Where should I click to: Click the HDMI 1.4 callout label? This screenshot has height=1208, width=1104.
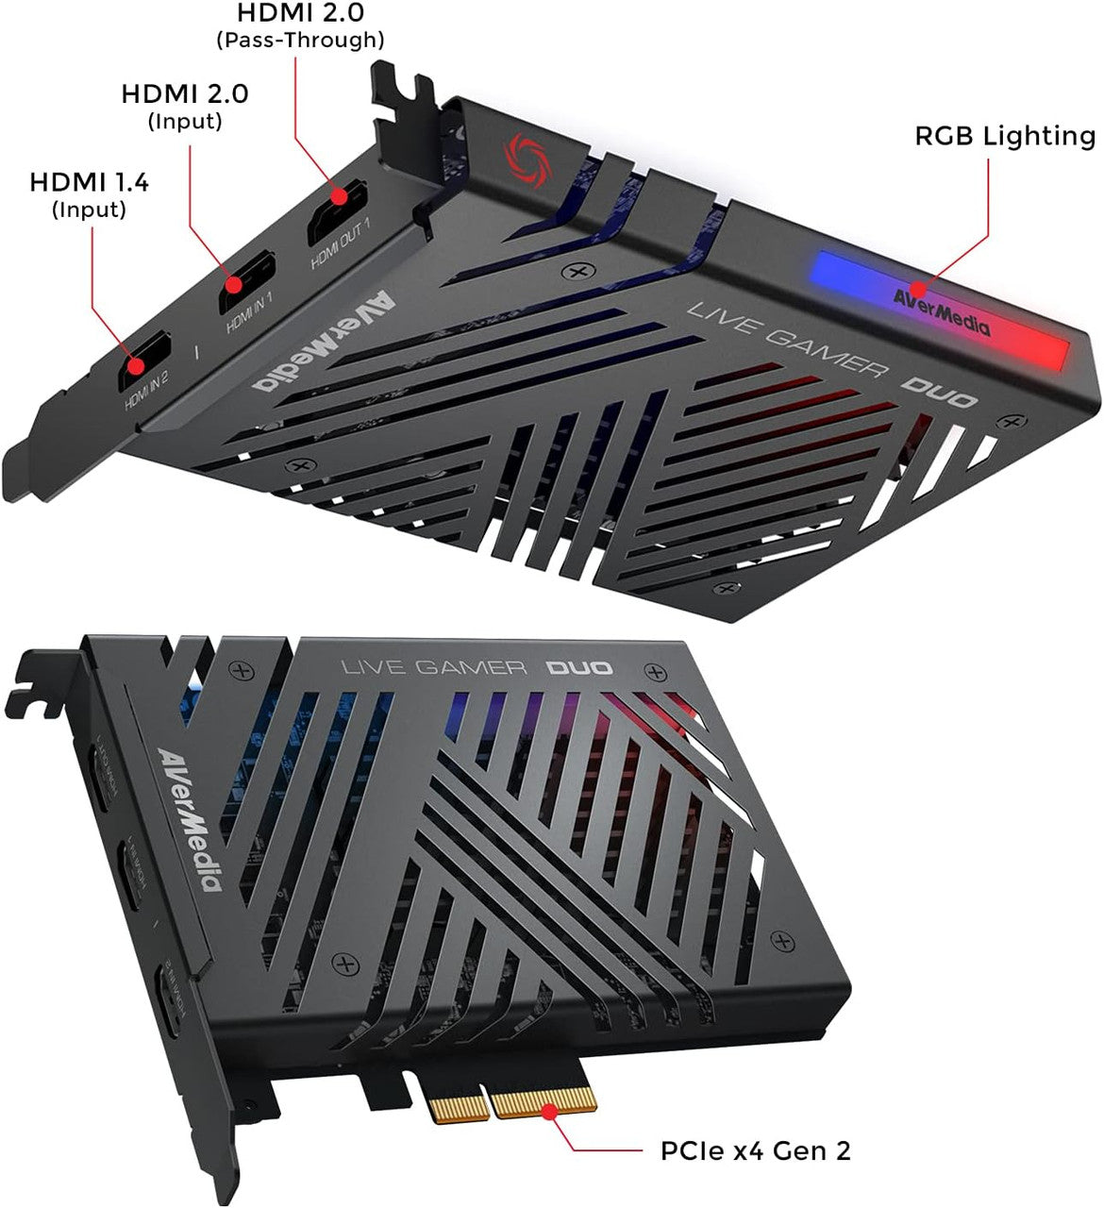(x=90, y=193)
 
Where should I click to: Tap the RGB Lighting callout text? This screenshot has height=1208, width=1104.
(x=1004, y=136)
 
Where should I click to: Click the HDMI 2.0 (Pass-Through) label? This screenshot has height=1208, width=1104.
(x=299, y=25)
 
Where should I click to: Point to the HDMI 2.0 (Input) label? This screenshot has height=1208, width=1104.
(x=185, y=106)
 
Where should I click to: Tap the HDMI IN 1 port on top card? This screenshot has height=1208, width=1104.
(x=246, y=282)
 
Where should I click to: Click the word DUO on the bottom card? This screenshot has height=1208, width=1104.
(x=580, y=668)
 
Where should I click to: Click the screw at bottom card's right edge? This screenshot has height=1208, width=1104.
(x=783, y=940)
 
